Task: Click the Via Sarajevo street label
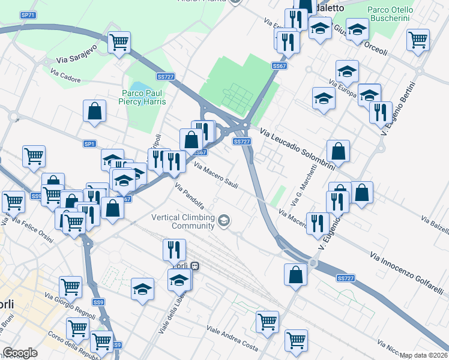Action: (x=76, y=59)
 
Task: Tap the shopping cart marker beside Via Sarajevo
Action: (x=119, y=43)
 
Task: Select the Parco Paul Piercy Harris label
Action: (x=143, y=97)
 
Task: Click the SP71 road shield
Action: (x=28, y=14)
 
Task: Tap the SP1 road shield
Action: (x=89, y=144)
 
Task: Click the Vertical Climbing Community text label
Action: (x=183, y=221)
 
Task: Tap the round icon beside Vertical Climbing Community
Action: (x=224, y=221)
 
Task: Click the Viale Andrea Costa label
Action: (x=232, y=339)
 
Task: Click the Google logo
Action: (x=20, y=353)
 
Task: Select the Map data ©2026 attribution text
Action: (x=424, y=355)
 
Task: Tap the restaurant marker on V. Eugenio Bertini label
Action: (x=381, y=112)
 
